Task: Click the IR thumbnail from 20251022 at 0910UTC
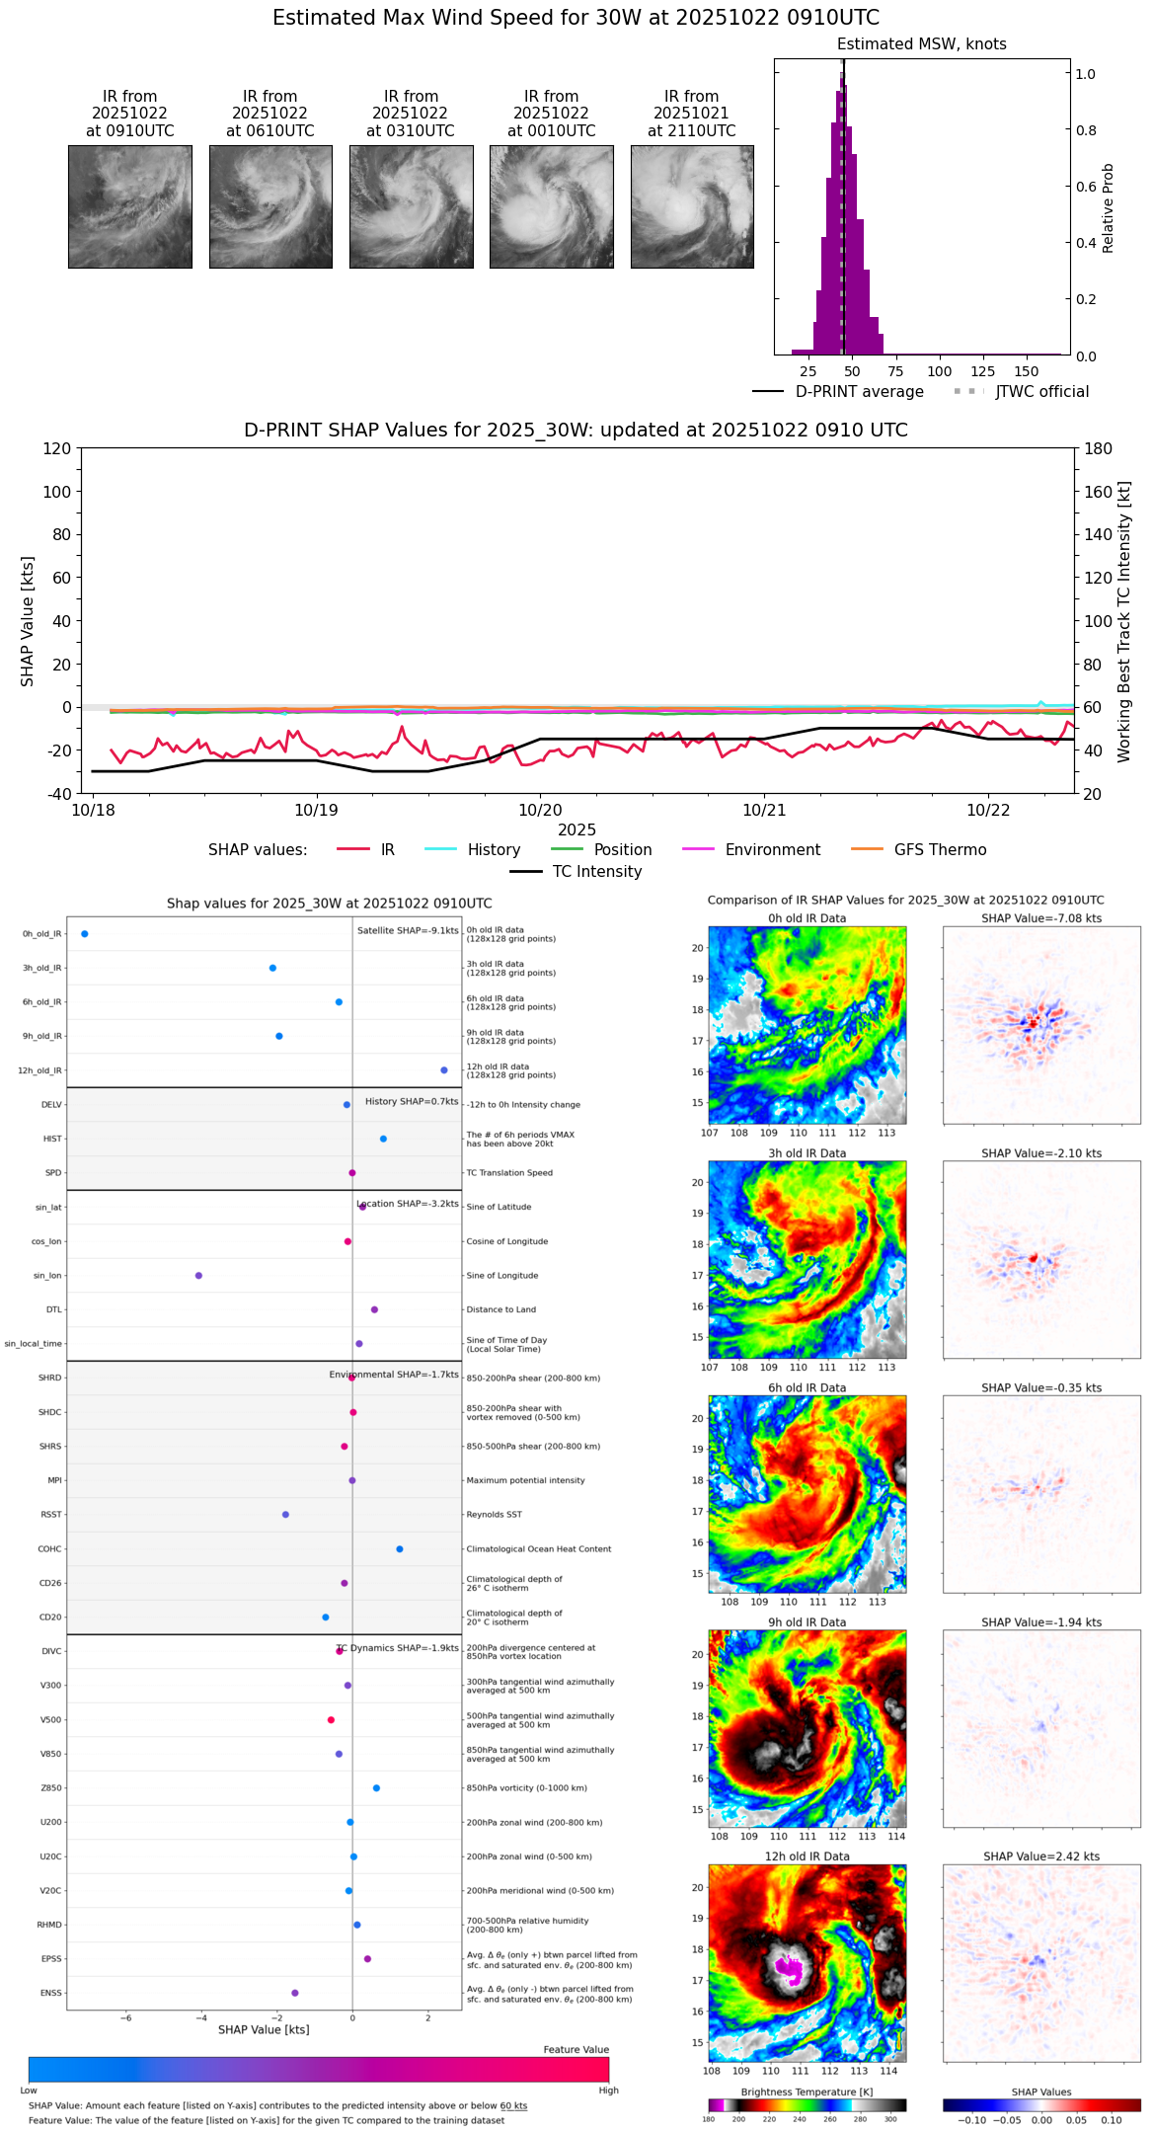click(x=130, y=206)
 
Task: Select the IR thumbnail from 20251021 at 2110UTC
click(x=692, y=206)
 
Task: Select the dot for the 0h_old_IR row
click(x=85, y=933)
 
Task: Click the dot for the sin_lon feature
click(x=198, y=1275)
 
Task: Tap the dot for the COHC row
click(x=399, y=1548)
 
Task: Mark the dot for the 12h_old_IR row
click(x=444, y=1069)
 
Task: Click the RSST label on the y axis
click(x=51, y=1514)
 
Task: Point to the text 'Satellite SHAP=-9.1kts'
click(x=408, y=930)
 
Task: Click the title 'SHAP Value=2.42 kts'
click(x=1041, y=1856)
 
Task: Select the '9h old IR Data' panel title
click(x=807, y=1622)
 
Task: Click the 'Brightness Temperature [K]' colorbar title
click(x=807, y=2092)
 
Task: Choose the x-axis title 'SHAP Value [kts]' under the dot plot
click(x=264, y=2029)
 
